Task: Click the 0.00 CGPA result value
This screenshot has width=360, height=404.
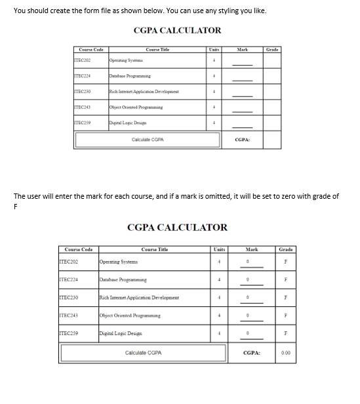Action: click(285, 353)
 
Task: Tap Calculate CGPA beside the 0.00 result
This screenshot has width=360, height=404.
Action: click(144, 353)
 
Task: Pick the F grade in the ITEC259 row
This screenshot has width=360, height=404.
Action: click(285, 333)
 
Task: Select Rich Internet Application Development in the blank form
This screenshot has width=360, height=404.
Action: click(144, 92)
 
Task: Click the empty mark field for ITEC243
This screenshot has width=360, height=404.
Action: click(242, 108)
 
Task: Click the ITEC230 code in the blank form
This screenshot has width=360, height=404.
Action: click(83, 92)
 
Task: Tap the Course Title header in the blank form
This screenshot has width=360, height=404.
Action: click(157, 49)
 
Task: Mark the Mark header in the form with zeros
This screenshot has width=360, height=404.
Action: click(251, 249)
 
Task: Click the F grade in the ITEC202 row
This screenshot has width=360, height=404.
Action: click(285, 262)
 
